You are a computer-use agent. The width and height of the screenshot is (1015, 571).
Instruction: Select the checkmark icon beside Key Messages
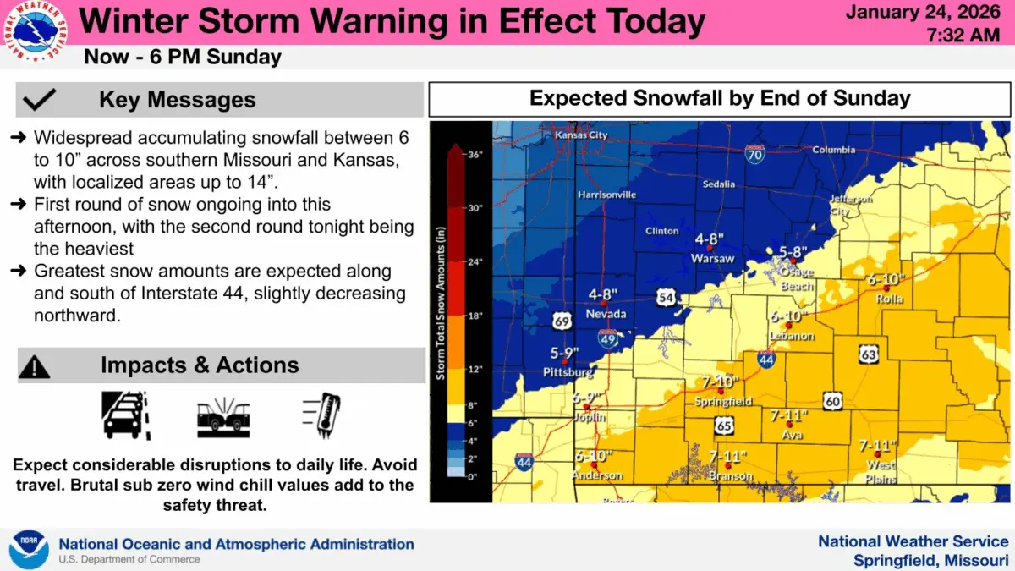[x=40, y=100]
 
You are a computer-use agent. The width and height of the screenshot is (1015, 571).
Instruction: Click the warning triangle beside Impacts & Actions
[x=35, y=365]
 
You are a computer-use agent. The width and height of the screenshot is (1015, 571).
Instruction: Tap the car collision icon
[x=222, y=415]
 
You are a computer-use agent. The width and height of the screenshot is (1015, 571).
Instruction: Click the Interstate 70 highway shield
[x=755, y=154]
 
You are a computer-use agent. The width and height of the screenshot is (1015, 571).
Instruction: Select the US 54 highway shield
[x=667, y=296]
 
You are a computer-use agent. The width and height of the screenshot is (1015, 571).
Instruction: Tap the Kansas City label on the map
[x=581, y=135]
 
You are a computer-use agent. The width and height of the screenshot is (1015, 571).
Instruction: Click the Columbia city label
[x=834, y=150]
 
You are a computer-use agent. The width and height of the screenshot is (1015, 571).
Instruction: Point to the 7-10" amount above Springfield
[x=720, y=381]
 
